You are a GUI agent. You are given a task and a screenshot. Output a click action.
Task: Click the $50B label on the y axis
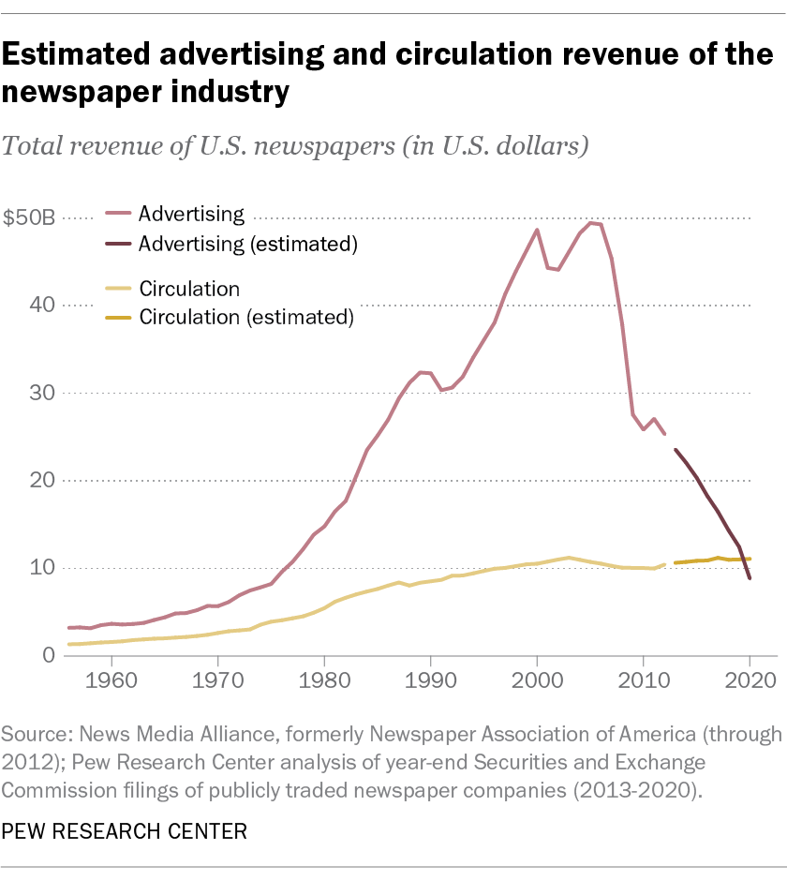[29, 218]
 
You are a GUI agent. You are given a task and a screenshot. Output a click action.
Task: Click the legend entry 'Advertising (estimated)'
[248, 244]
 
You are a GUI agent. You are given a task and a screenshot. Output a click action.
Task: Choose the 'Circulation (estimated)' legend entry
[245, 317]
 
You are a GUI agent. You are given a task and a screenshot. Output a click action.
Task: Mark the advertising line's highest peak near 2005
[591, 223]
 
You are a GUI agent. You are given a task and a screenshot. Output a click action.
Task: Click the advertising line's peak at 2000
[537, 230]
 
